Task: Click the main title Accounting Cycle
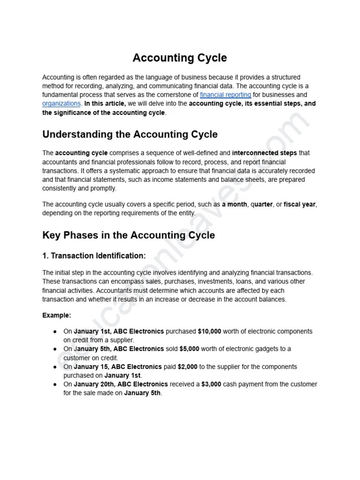[180, 58]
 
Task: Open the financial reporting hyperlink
[225, 95]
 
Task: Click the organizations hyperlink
[62, 104]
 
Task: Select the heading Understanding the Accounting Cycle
[130, 135]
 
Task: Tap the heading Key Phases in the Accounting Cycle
[128, 235]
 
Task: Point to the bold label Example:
[57, 315]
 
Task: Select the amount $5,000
[189, 349]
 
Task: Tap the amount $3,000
[212, 384]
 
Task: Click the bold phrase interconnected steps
[265, 153]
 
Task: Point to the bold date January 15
[92, 367]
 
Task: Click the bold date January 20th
[95, 384]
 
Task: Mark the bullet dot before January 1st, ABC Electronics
[55, 332]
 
